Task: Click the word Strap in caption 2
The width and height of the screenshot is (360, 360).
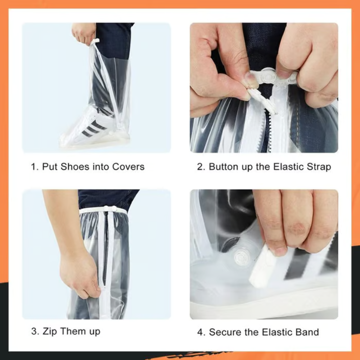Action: [x=318, y=166]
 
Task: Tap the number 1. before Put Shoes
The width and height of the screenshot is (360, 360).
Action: [x=35, y=166]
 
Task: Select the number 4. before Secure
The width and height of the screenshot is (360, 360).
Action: [x=201, y=333]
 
